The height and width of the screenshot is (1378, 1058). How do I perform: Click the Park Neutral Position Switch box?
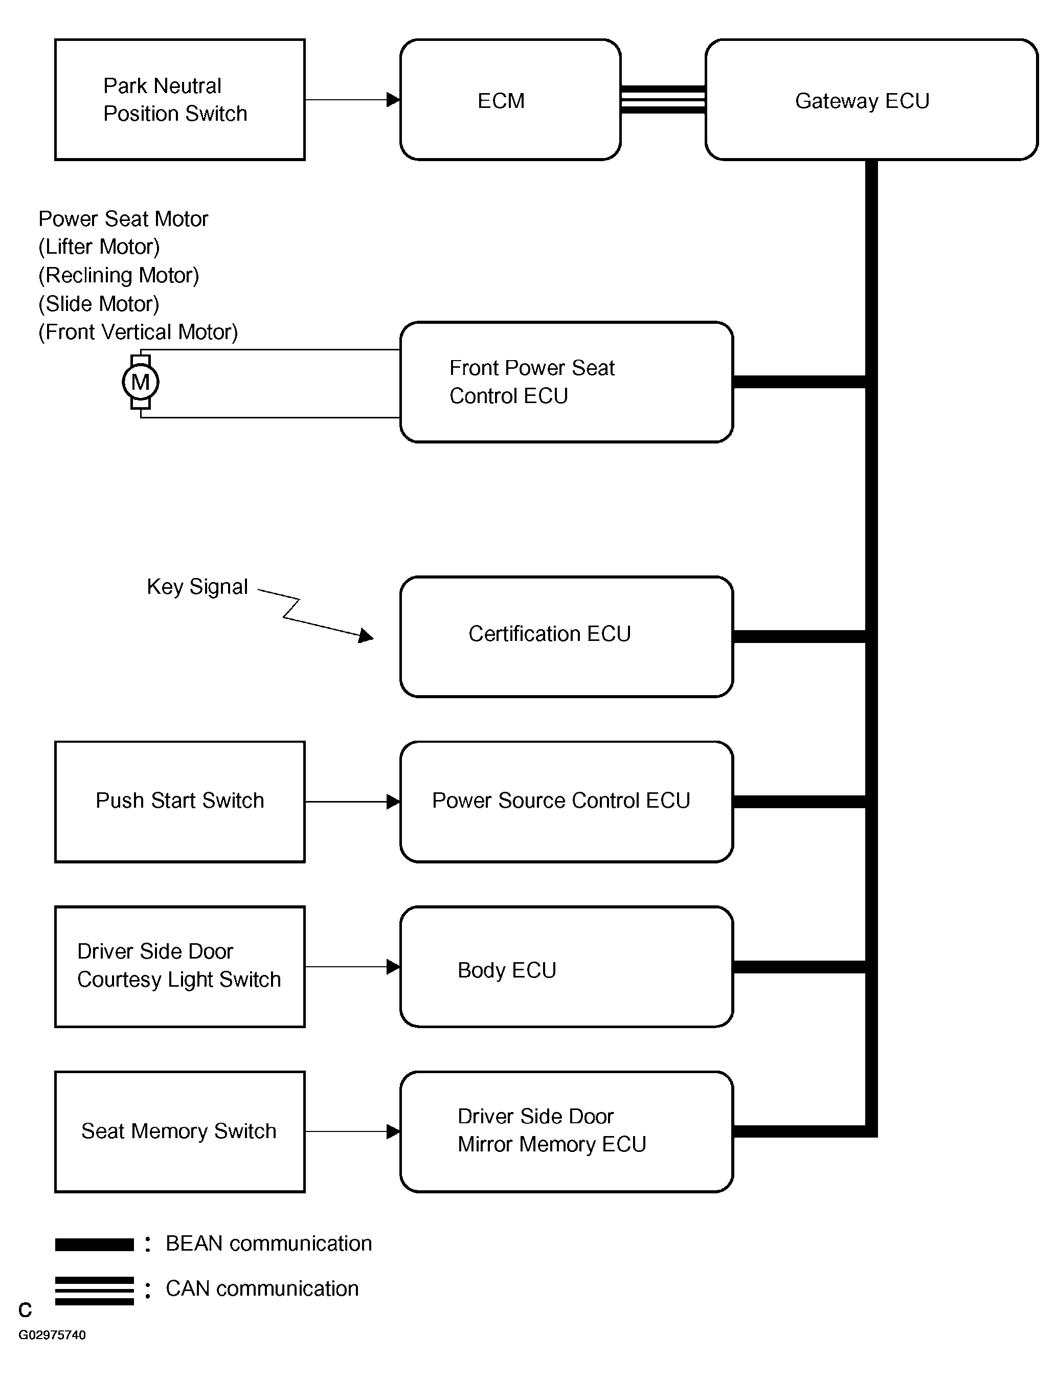[x=180, y=100]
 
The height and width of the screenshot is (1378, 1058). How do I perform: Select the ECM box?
[x=510, y=100]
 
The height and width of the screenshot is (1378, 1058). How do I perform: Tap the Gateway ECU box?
[x=871, y=100]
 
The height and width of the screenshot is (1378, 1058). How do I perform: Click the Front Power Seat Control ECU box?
[x=566, y=382]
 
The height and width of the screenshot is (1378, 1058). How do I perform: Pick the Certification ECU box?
[x=566, y=636]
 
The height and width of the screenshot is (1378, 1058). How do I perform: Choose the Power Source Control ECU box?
[x=566, y=801]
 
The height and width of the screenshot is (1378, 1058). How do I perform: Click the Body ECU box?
[x=566, y=966]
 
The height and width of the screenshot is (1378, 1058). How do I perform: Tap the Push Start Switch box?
[x=180, y=801]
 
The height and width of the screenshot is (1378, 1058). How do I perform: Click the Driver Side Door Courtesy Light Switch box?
[x=180, y=966]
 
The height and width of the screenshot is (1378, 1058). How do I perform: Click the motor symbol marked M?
[x=141, y=382]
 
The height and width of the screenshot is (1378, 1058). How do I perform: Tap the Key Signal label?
[x=197, y=586]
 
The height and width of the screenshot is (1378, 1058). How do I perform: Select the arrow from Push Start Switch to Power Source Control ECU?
[x=353, y=801]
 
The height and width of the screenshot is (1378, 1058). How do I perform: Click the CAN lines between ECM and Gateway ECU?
[x=663, y=100]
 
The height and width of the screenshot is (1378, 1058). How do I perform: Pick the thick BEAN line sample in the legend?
[x=95, y=1244]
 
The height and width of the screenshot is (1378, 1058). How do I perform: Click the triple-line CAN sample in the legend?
[x=95, y=1291]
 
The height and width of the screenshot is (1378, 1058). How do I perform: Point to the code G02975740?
[x=52, y=1334]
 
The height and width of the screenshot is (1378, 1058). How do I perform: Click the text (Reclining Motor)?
[x=119, y=275]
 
